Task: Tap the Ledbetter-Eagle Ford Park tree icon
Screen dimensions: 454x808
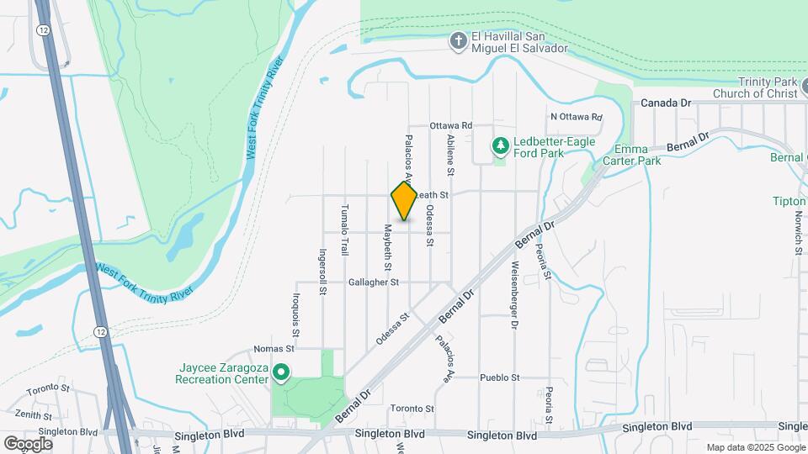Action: pyautogui.click(x=501, y=146)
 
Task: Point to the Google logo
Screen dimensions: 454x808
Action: pyautogui.click(x=28, y=443)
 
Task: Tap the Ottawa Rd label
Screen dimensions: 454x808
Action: pyautogui.click(x=451, y=125)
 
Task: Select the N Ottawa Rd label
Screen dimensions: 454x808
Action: pyautogui.click(x=577, y=117)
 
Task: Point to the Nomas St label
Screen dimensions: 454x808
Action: pyautogui.click(x=274, y=348)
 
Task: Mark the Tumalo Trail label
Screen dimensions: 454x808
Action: pyautogui.click(x=344, y=230)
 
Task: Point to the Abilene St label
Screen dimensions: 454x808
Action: pyautogui.click(x=451, y=156)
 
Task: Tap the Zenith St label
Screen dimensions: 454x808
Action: pyautogui.click(x=33, y=415)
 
